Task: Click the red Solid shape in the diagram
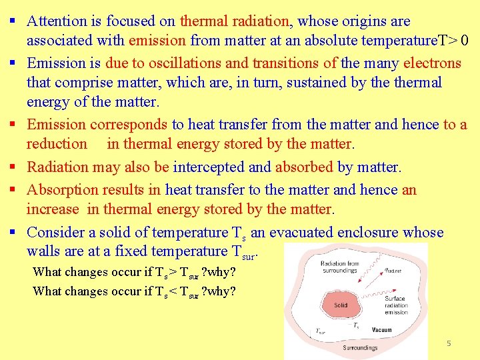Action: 341,305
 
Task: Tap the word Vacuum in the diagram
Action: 382,330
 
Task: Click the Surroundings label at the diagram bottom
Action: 360,347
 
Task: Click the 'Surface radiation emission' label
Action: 396,305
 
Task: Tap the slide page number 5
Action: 449,343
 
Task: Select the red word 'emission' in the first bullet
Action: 157,40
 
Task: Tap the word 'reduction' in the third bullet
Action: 57,143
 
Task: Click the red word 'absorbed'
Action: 304,167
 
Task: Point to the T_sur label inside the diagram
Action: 321,330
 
